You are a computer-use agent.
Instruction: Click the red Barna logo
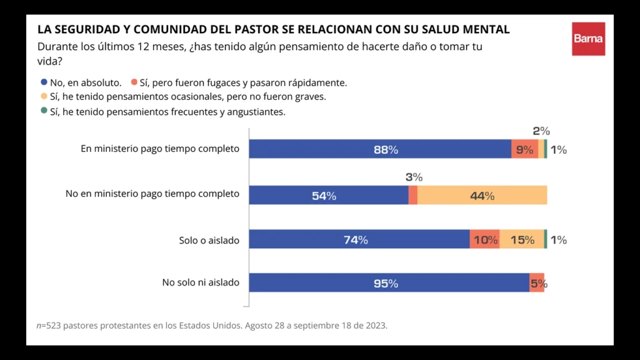588,39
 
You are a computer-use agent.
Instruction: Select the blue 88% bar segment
380,149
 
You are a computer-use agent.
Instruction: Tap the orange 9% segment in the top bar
524,149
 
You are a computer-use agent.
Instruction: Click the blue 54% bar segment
328,195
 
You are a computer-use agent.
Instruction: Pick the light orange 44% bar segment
482,195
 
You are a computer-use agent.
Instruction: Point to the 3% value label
414,177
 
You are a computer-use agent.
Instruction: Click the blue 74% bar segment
359,239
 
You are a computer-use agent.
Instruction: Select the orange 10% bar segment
484,239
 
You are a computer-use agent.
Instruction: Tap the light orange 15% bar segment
521,239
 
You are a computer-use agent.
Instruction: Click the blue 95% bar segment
389,283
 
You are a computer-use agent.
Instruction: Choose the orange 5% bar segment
536,283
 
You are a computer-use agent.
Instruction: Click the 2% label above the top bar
541,131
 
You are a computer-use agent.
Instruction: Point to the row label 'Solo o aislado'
209,240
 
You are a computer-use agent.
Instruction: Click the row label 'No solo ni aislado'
201,282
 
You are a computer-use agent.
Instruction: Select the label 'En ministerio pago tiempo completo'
160,149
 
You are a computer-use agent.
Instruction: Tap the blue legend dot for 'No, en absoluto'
44,82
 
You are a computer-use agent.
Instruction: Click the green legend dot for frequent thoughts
44,111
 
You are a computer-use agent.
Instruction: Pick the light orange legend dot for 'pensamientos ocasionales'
44,97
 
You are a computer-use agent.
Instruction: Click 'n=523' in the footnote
49,326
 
